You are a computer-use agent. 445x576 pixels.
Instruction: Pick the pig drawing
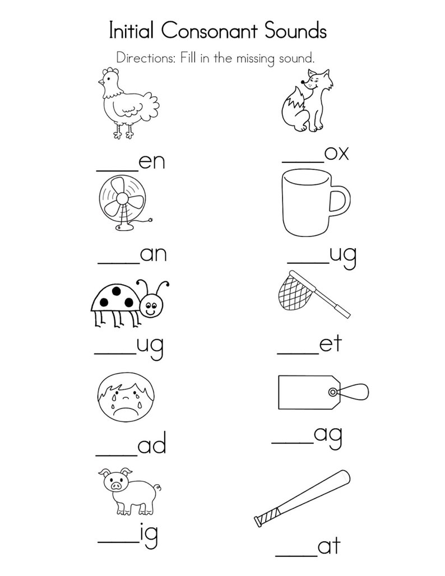[x=126, y=491]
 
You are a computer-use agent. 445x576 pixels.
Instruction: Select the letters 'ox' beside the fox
[x=336, y=153]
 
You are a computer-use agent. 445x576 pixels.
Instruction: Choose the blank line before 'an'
[x=118, y=263]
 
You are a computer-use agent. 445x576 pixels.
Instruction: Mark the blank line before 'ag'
[x=292, y=443]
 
